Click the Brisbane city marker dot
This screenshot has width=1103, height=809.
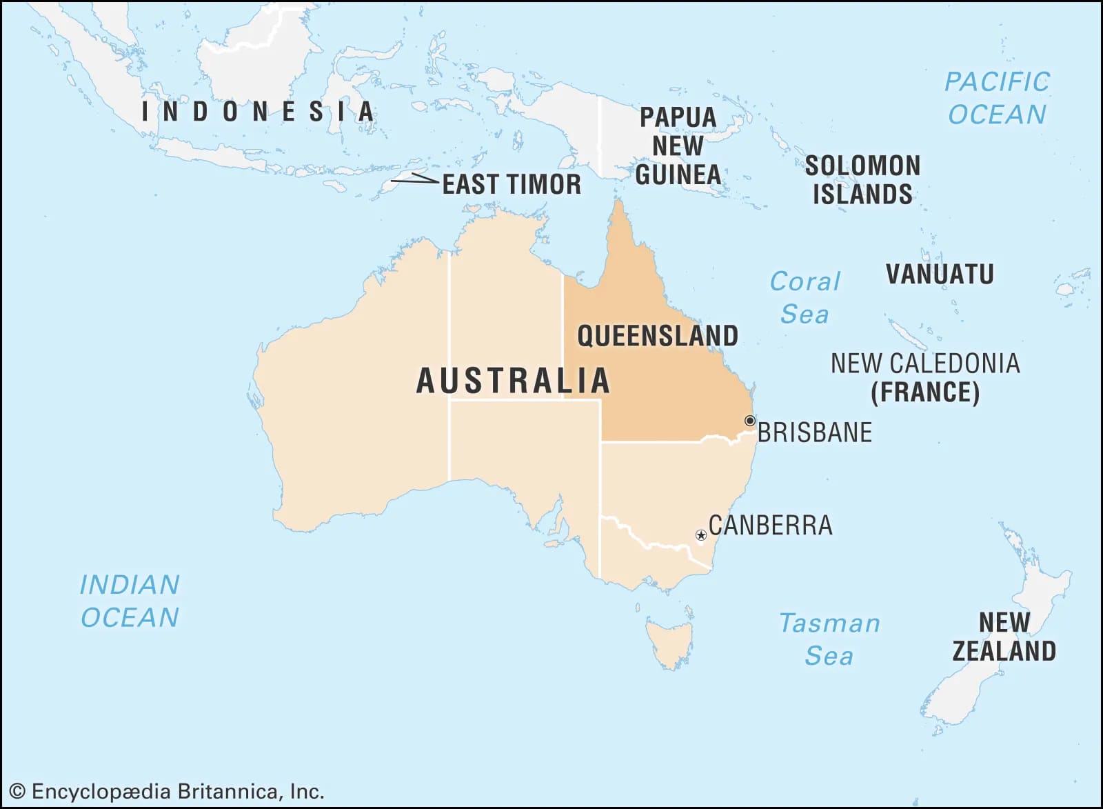coord(749,421)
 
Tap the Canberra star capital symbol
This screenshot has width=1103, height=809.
coord(700,535)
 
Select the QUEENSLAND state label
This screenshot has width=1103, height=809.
coord(657,336)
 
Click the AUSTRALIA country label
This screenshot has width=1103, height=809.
coord(514,381)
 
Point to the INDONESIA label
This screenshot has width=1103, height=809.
coord(259,112)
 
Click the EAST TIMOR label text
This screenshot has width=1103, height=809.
coord(512,184)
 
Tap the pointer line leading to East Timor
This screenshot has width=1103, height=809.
coord(414,179)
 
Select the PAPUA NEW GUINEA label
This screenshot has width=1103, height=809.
coord(678,146)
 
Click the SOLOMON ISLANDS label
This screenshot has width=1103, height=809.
coord(862,179)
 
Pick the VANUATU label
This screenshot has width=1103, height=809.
coord(940,274)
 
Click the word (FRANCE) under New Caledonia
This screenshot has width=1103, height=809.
coord(924,392)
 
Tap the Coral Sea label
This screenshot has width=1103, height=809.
coord(805,297)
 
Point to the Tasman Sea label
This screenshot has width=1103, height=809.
coord(829,639)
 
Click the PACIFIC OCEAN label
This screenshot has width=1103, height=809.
coord(997,97)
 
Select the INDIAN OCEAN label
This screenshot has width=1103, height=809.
coord(130,601)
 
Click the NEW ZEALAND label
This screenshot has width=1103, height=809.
coord(1004,636)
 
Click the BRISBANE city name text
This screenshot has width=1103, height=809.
coord(814,432)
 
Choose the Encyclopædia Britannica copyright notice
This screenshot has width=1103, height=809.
coord(167,791)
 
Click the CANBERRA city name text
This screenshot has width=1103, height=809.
coord(770,525)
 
